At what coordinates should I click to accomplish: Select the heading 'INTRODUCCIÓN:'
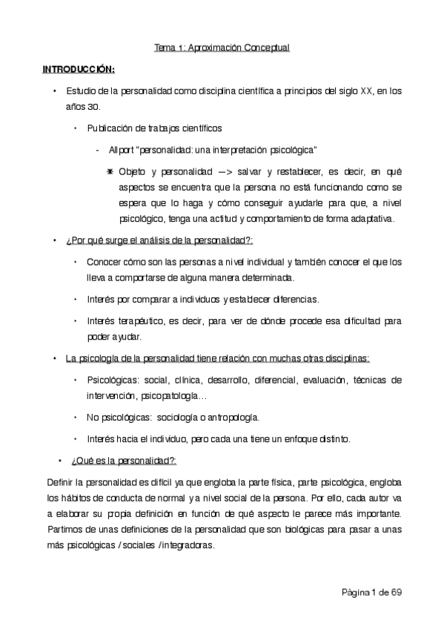pos(78,70)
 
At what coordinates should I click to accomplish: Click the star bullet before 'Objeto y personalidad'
pos(109,171)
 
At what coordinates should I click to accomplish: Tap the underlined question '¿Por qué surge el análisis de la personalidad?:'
pos(159,241)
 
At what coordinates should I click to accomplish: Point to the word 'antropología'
pos(231,416)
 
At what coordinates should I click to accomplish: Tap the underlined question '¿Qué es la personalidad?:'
pos(122,460)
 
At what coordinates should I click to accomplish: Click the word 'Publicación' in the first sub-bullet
pos(111,128)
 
